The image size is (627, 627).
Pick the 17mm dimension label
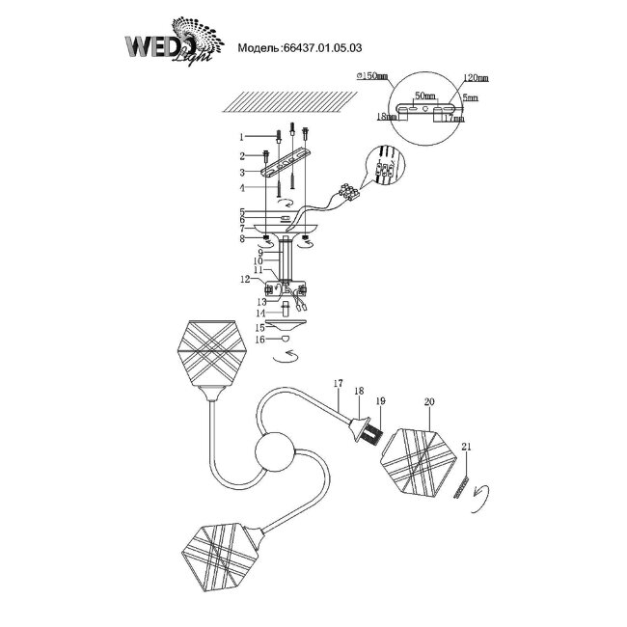(468, 120)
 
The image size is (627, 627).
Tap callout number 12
(246, 280)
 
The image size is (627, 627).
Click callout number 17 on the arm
(338, 384)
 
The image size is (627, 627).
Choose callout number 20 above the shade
(429, 398)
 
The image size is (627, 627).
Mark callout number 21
(468, 448)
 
